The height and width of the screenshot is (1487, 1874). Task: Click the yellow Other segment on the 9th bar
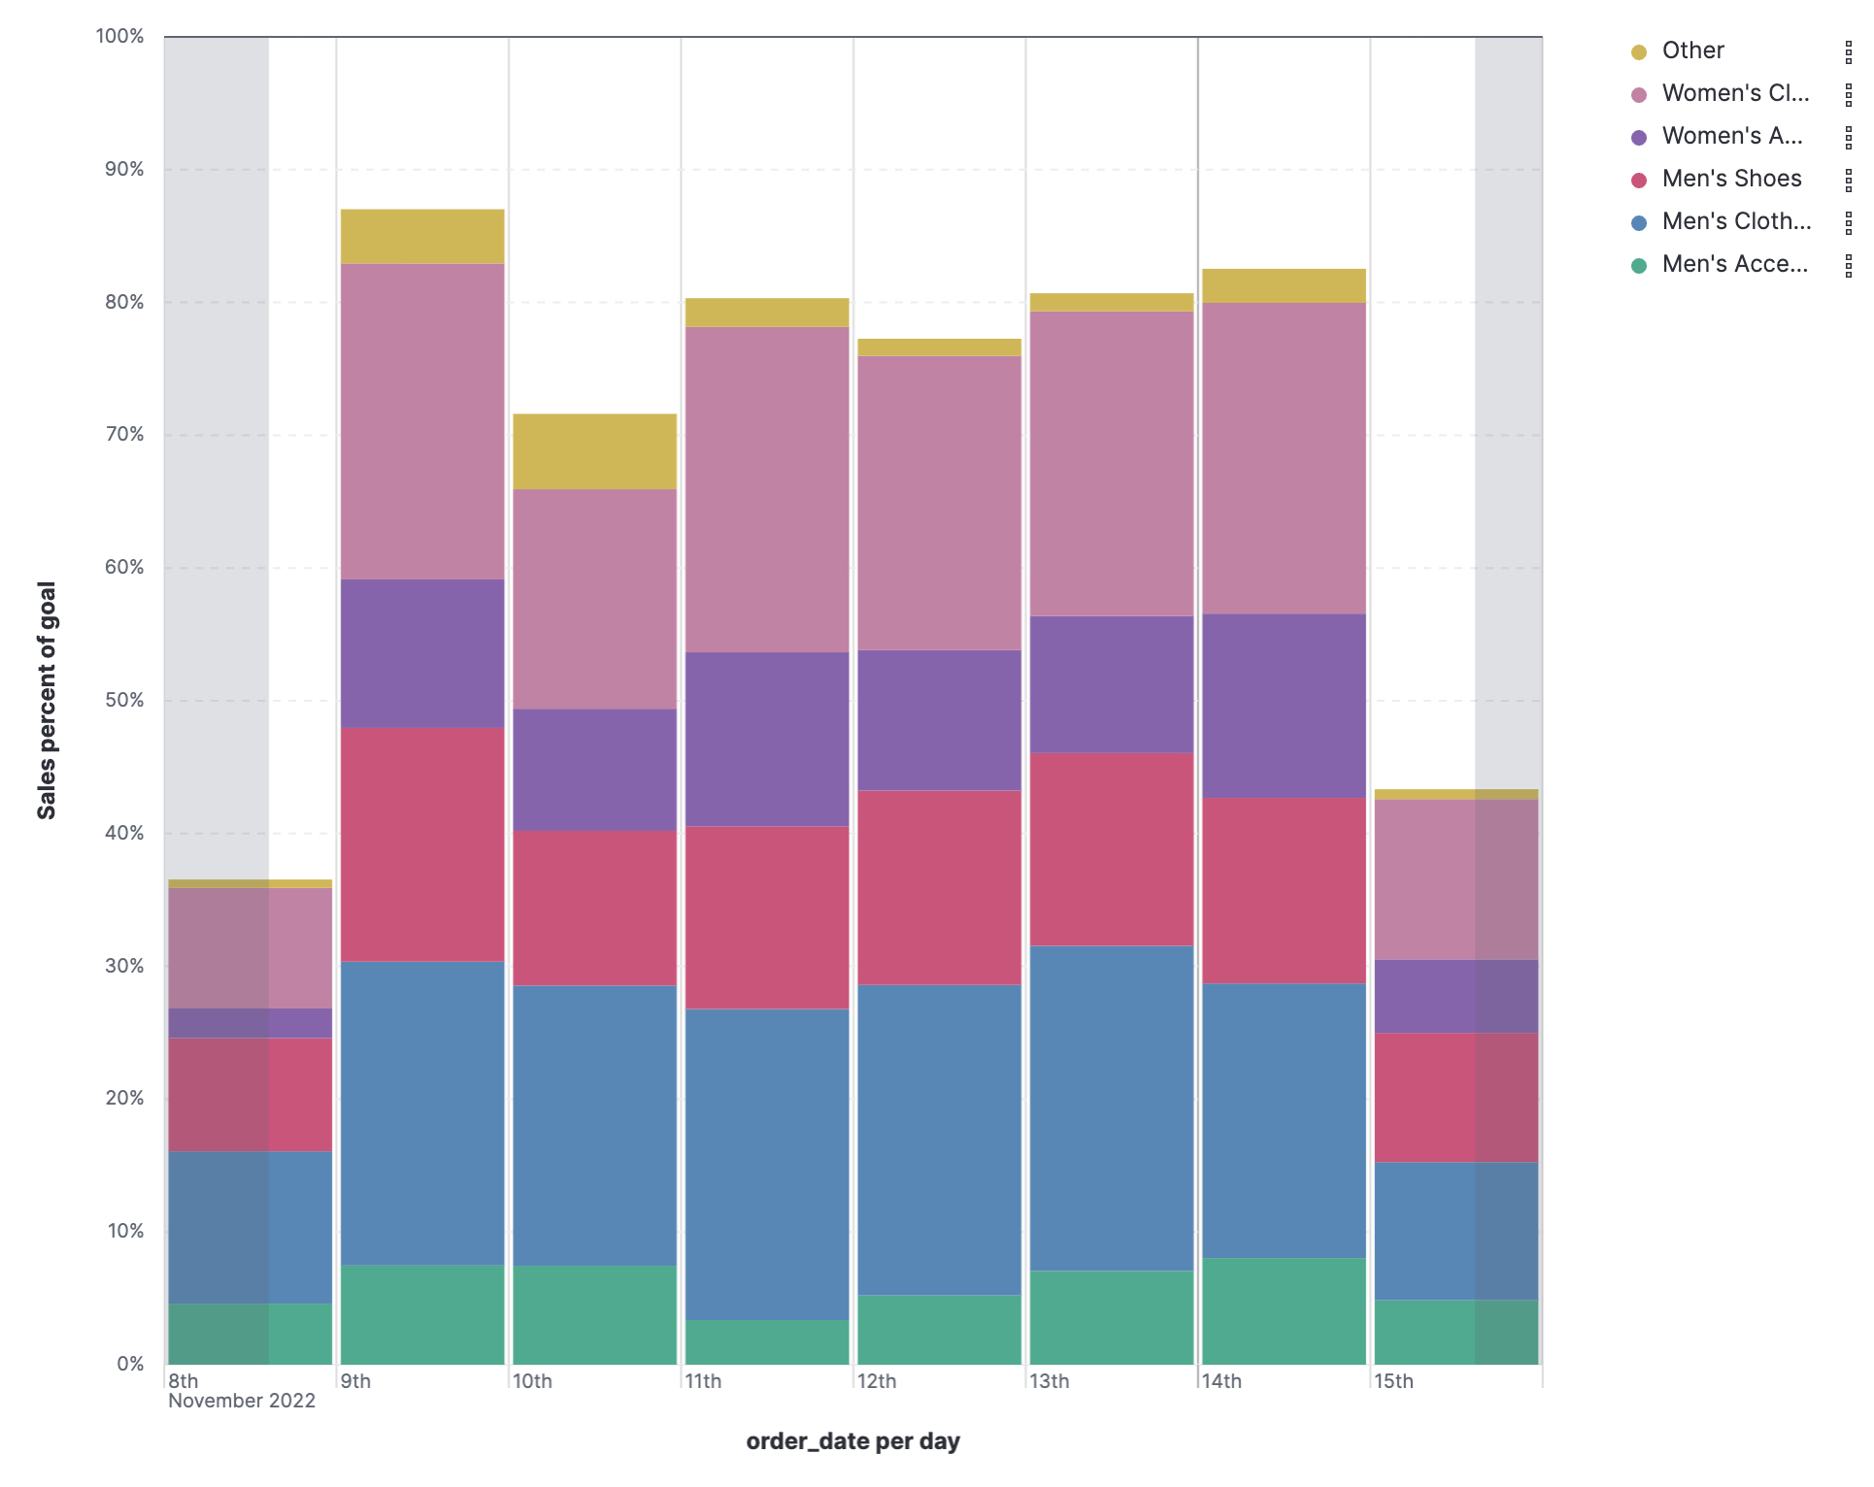coord(422,236)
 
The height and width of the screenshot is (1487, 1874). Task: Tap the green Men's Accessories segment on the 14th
coord(1284,1310)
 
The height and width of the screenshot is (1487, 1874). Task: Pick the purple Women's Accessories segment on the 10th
coord(594,769)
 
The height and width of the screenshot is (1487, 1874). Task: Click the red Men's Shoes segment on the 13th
coord(1112,848)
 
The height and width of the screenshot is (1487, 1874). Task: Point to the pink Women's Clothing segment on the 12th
coord(939,502)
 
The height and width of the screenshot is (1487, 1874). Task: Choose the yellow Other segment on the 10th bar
coord(594,450)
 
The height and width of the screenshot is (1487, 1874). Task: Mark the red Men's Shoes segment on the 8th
coord(251,1094)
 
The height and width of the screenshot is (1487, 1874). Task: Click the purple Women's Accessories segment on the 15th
coord(1456,996)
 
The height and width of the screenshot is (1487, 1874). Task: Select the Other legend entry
coord(1692,50)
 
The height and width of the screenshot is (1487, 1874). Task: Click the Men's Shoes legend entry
coord(1731,179)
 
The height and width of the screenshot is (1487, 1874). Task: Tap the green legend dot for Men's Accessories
coord(1639,265)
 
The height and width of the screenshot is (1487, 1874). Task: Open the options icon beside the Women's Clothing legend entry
coord(1848,94)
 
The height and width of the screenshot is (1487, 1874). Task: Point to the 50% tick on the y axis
coord(124,700)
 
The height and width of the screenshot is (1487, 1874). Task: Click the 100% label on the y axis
coord(119,36)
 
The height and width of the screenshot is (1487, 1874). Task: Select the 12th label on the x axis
coord(877,1381)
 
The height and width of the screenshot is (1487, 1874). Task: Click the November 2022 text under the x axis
coord(242,1401)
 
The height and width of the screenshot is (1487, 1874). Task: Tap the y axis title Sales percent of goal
coord(47,700)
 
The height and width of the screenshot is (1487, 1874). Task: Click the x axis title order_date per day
coord(853,1441)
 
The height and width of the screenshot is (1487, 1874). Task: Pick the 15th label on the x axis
coord(1394,1381)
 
